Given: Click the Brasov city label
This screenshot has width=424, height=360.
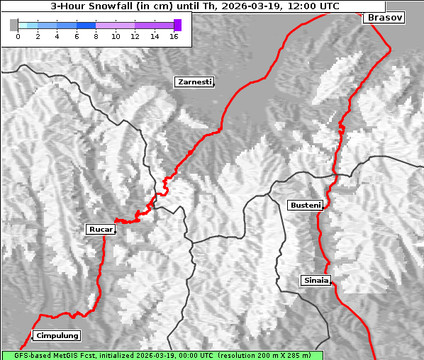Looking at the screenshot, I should click(x=385, y=17).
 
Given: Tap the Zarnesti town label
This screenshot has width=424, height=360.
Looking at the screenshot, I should click(x=194, y=82).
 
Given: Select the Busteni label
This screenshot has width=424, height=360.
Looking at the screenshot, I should click(x=305, y=205).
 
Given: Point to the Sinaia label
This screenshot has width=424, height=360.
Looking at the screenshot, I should click(x=316, y=280).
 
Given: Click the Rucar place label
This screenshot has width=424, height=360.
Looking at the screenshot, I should click(x=100, y=229).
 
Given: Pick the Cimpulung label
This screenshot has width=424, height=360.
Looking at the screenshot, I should click(x=57, y=335).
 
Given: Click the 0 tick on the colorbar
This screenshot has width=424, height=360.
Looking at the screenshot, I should click(x=18, y=36).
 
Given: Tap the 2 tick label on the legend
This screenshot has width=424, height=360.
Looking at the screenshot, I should click(x=38, y=36).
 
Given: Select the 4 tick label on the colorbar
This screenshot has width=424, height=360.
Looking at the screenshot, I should click(x=57, y=36).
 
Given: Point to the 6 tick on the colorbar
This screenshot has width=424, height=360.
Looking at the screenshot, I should click(x=77, y=36).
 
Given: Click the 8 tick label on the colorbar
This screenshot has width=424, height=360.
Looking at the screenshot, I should click(x=96, y=36).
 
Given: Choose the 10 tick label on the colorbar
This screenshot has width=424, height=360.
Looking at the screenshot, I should click(x=116, y=36).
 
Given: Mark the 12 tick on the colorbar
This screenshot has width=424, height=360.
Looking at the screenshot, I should click(x=135, y=36).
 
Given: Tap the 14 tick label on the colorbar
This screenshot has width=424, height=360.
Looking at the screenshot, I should click(x=155, y=36).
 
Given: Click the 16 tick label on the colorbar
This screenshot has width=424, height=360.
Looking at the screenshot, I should click(x=174, y=36).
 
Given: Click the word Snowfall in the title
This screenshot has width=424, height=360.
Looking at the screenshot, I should click(x=113, y=6).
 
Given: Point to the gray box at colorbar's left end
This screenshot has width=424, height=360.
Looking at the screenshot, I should click(x=14, y=25).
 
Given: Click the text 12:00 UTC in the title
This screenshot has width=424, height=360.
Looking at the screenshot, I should click(x=314, y=6).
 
